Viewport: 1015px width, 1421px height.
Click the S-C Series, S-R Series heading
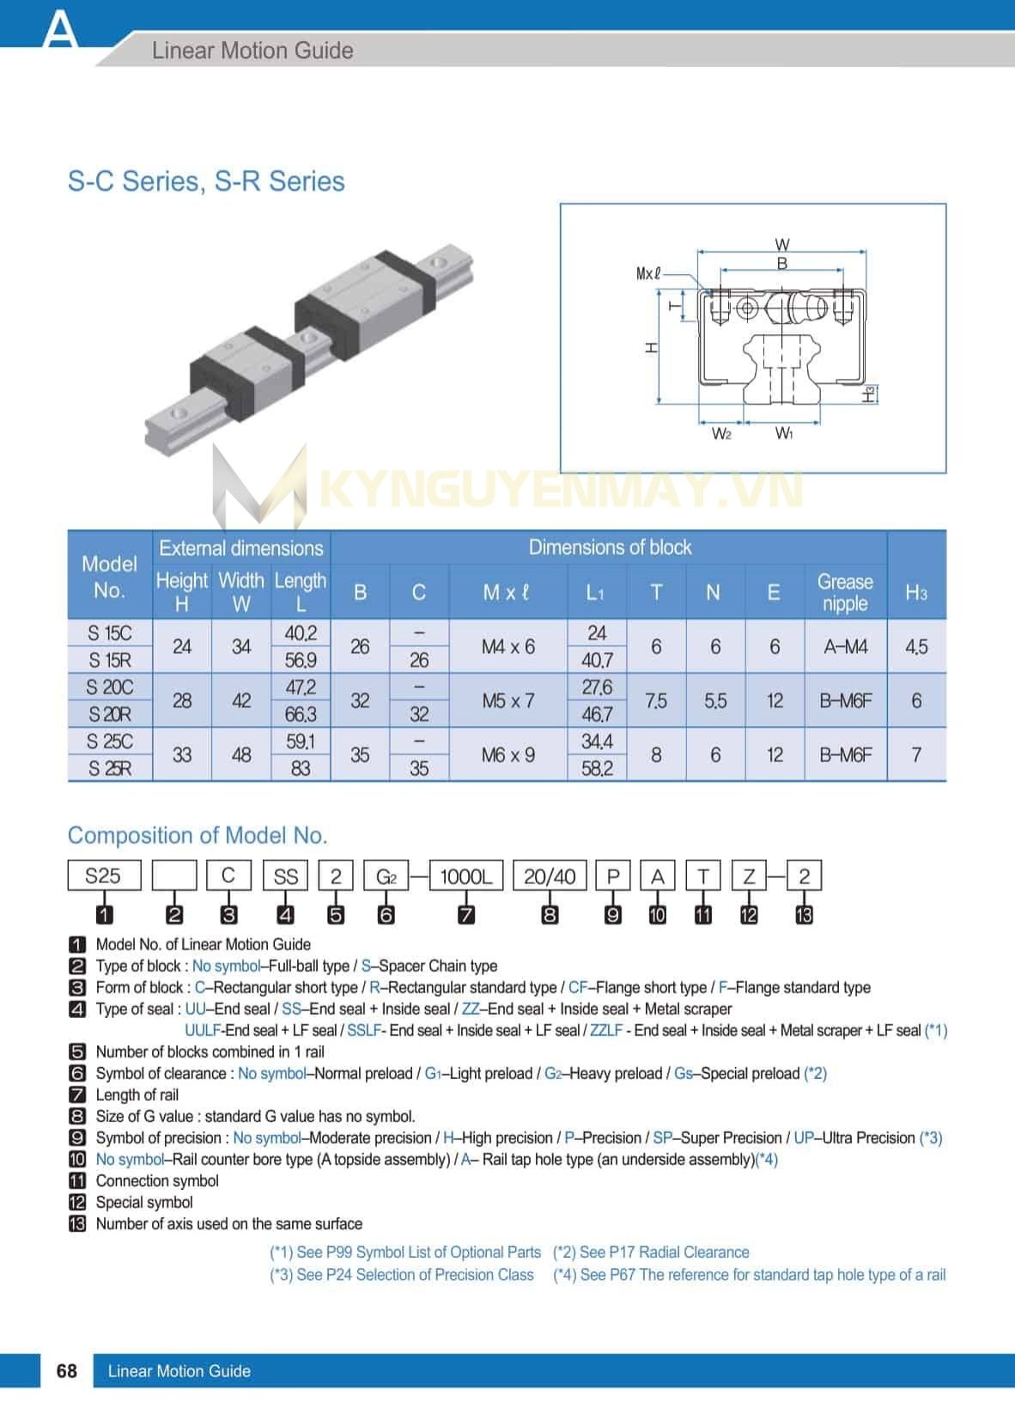pyautogui.click(x=206, y=181)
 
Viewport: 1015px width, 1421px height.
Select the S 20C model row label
pyautogui.click(x=110, y=687)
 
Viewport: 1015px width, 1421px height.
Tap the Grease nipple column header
pyautogui.click(x=845, y=592)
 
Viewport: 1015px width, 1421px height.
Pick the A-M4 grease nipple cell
pyautogui.click(x=845, y=646)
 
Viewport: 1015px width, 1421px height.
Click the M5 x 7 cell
pyautogui.click(x=507, y=700)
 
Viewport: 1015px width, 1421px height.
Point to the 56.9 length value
pyautogui.click(x=301, y=660)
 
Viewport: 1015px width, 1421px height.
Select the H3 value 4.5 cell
pyautogui.click(x=916, y=646)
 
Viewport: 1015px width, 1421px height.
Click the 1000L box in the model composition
pyautogui.click(x=465, y=876)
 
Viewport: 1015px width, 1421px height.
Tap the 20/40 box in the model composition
pyautogui.click(x=550, y=876)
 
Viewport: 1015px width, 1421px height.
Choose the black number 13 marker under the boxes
pyautogui.click(x=804, y=915)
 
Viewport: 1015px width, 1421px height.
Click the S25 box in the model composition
pyautogui.click(x=103, y=876)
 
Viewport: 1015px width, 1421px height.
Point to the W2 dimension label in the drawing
pyautogui.click(x=721, y=434)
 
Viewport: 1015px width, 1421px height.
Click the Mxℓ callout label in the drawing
pyautogui.click(x=648, y=274)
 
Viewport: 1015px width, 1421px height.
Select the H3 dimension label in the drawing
pyautogui.click(x=870, y=393)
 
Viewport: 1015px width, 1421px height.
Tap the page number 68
pyautogui.click(x=66, y=1370)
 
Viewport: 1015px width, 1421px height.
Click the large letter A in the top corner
pyautogui.click(x=59, y=29)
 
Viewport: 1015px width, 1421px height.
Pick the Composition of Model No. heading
pyautogui.click(x=198, y=835)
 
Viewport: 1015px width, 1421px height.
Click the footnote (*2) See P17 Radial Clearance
pyautogui.click(x=651, y=1252)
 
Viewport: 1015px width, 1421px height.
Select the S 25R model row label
pyautogui.click(x=110, y=768)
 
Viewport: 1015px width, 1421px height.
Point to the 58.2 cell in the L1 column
pyautogui.click(x=597, y=768)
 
